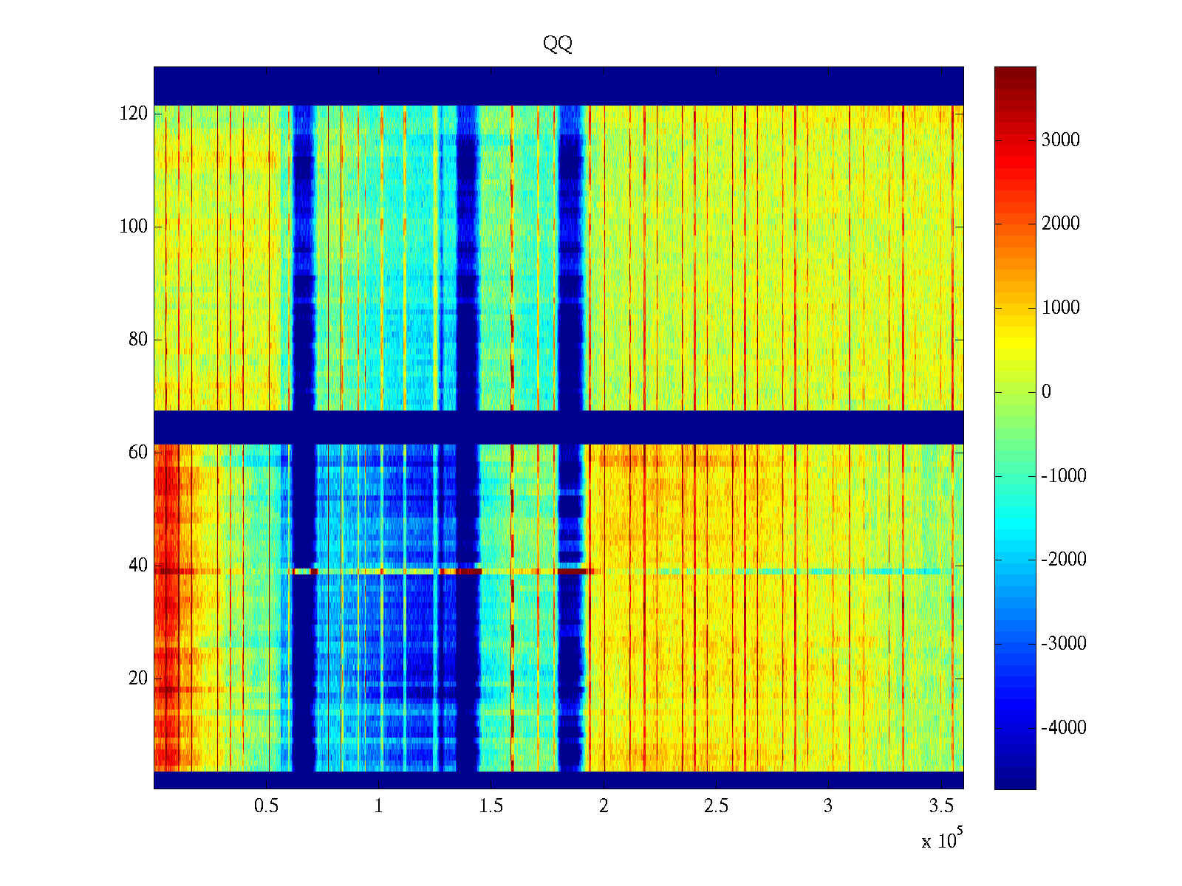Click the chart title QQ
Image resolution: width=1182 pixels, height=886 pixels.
pos(558,44)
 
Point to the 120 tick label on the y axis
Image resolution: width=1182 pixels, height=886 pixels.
pos(134,114)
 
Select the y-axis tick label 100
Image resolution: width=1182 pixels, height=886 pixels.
pos(134,227)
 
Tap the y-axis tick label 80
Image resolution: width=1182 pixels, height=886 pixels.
pos(138,340)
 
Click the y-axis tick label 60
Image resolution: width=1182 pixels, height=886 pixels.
pos(138,453)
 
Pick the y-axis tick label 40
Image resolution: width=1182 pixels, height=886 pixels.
pos(138,566)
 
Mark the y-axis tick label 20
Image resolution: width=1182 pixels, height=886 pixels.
pos(138,679)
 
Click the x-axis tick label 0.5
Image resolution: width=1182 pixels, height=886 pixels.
pos(266,806)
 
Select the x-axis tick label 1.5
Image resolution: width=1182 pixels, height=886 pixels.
pos(491,806)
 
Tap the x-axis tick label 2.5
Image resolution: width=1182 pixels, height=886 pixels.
pos(716,806)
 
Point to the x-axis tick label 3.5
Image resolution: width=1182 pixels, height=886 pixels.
pos(941,806)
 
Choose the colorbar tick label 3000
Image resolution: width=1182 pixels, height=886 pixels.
pos(1060,140)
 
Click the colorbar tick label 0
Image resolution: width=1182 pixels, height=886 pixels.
pos(1046,392)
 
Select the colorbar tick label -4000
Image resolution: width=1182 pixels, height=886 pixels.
pos(1064,728)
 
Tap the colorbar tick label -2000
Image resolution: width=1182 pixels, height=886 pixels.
pos(1064,560)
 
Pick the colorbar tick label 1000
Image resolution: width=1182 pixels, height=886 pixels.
pos(1060,308)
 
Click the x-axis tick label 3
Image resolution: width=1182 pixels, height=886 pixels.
pos(828,806)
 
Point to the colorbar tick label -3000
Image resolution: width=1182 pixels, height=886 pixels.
pos(1064,644)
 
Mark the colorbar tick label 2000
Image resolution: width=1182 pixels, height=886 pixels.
pos(1060,224)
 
